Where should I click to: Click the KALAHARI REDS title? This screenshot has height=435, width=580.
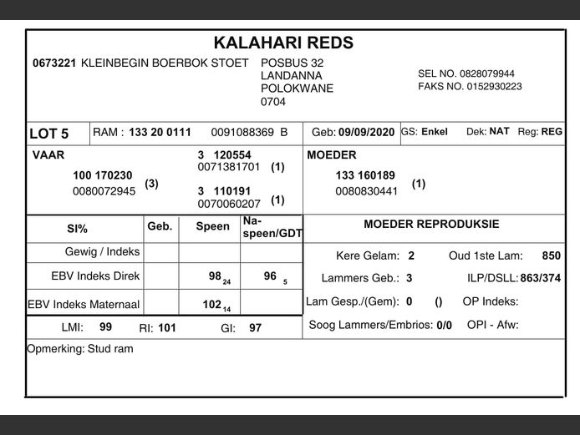click(x=283, y=43)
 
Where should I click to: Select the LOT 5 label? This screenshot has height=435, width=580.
click(x=49, y=134)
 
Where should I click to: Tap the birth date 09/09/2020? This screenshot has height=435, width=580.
click(x=366, y=132)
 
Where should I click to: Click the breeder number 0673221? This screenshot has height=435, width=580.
click(x=54, y=63)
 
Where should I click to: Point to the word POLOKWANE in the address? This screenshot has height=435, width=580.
click(x=297, y=89)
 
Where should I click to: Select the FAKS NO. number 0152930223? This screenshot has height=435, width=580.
click(x=493, y=86)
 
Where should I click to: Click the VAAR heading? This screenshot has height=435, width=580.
click(x=48, y=155)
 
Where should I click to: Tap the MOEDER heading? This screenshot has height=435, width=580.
click(x=332, y=155)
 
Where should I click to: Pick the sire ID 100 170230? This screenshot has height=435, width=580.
click(x=103, y=175)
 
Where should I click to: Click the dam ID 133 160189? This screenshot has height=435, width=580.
click(x=365, y=175)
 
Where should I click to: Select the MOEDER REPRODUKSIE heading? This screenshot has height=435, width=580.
click(x=431, y=225)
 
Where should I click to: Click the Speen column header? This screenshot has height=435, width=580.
click(x=212, y=226)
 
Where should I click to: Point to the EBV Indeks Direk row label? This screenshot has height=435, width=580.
click(x=95, y=276)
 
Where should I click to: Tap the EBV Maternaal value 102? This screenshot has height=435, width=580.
click(x=212, y=305)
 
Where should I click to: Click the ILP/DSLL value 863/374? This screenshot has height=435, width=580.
click(x=540, y=278)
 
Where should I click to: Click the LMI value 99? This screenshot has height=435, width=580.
click(x=106, y=327)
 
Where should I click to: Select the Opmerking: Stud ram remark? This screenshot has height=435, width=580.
click(x=80, y=349)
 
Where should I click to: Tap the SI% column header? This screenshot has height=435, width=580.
click(x=77, y=229)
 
